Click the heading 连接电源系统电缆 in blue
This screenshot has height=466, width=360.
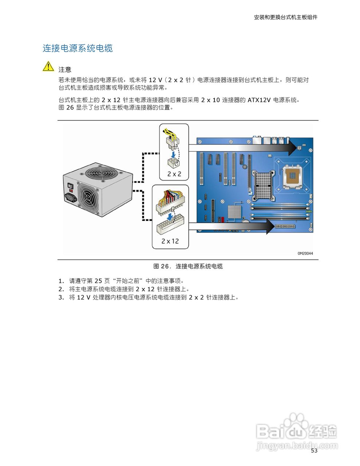[78, 48]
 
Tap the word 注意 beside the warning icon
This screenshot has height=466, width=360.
[65, 70]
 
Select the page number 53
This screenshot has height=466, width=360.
[314, 451]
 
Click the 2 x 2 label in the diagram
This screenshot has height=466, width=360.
[174, 174]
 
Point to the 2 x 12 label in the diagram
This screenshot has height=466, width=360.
[170, 241]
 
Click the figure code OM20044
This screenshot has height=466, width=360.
[305, 253]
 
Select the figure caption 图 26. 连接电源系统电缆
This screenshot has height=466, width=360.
[188, 266]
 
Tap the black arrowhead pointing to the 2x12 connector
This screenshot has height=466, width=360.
[270, 226]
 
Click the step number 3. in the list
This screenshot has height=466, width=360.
[61, 297]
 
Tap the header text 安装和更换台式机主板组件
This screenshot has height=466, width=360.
[285, 17]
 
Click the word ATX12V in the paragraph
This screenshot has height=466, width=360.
[259, 100]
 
